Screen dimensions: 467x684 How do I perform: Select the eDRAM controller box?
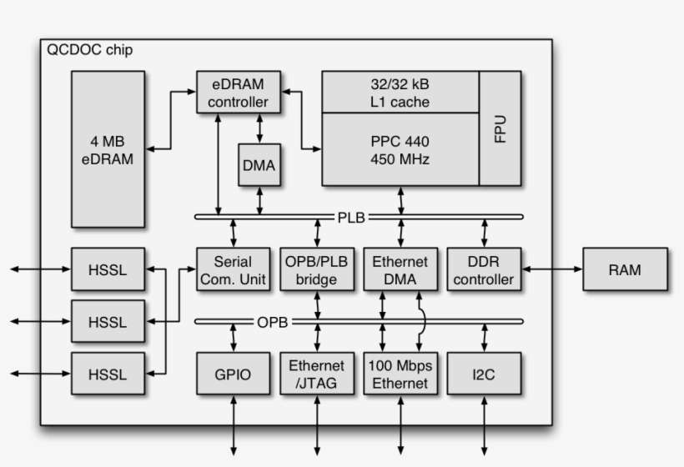pos(239,93)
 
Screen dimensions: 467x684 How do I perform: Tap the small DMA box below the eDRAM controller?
pos(259,165)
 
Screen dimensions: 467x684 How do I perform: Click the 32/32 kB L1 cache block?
pos(400,93)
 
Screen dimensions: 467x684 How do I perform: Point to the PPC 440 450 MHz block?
pos(400,149)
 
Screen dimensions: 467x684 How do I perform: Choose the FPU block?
pos(500,128)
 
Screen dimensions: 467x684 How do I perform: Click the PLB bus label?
pos(350,217)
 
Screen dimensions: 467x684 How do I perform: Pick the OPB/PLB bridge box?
pos(317,269)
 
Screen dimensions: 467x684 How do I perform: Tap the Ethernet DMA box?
pos(400,269)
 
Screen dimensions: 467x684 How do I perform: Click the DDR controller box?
pos(484,269)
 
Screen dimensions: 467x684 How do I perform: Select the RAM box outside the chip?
pos(625,269)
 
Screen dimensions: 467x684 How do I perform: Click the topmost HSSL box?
pos(107,269)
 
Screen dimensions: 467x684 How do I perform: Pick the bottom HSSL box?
pos(107,374)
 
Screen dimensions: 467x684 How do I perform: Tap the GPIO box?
pos(233,374)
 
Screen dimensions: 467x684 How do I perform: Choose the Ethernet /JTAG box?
pos(317,374)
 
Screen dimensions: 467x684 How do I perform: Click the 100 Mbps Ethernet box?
pos(400,374)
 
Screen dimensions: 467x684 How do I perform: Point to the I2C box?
pos(484,374)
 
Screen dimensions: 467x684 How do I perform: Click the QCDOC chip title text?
pos(90,51)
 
